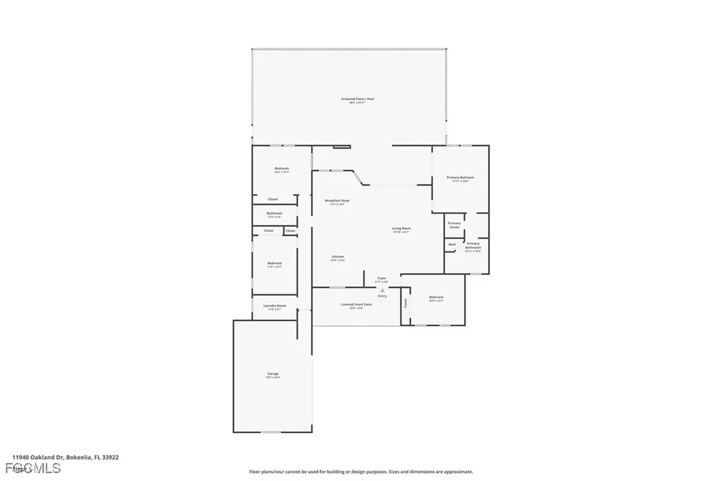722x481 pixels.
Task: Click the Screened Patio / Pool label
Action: pyautogui.click(x=357, y=99)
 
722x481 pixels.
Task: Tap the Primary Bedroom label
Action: pyautogui.click(x=460, y=177)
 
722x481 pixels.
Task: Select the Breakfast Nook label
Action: pyautogui.click(x=337, y=201)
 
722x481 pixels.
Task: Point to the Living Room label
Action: pyautogui.click(x=402, y=229)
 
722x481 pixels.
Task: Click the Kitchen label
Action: pyautogui.click(x=338, y=257)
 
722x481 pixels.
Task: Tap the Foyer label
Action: pyautogui.click(x=382, y=279)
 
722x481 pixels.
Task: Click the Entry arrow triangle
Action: pyautogui.click(x=383, y=290)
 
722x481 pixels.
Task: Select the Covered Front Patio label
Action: pyautogui.click(x=352, y=305)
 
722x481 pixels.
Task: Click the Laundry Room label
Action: pyautogui.click(x=274, y=306)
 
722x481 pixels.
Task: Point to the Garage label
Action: pyautogui.click(x=272, y=374)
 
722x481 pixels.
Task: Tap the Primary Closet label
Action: pyautogui.click(x=455, y=224)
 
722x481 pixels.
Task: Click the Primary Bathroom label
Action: pyautogui.click(x=473, y=245)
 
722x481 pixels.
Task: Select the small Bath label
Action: pyautogui.click(x=452, y=245)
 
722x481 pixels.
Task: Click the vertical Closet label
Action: pyautogui.click(x=406, y=303)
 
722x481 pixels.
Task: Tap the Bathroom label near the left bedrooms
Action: pyautogui.click(x=274, y=213)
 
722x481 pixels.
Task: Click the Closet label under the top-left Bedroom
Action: pyautogui.click(x=273, y=199)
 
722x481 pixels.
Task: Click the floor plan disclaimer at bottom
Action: pyautogui.click(x=360, y=471)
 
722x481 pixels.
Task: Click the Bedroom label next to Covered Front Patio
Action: pyautogui.click(x=436, y=298)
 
